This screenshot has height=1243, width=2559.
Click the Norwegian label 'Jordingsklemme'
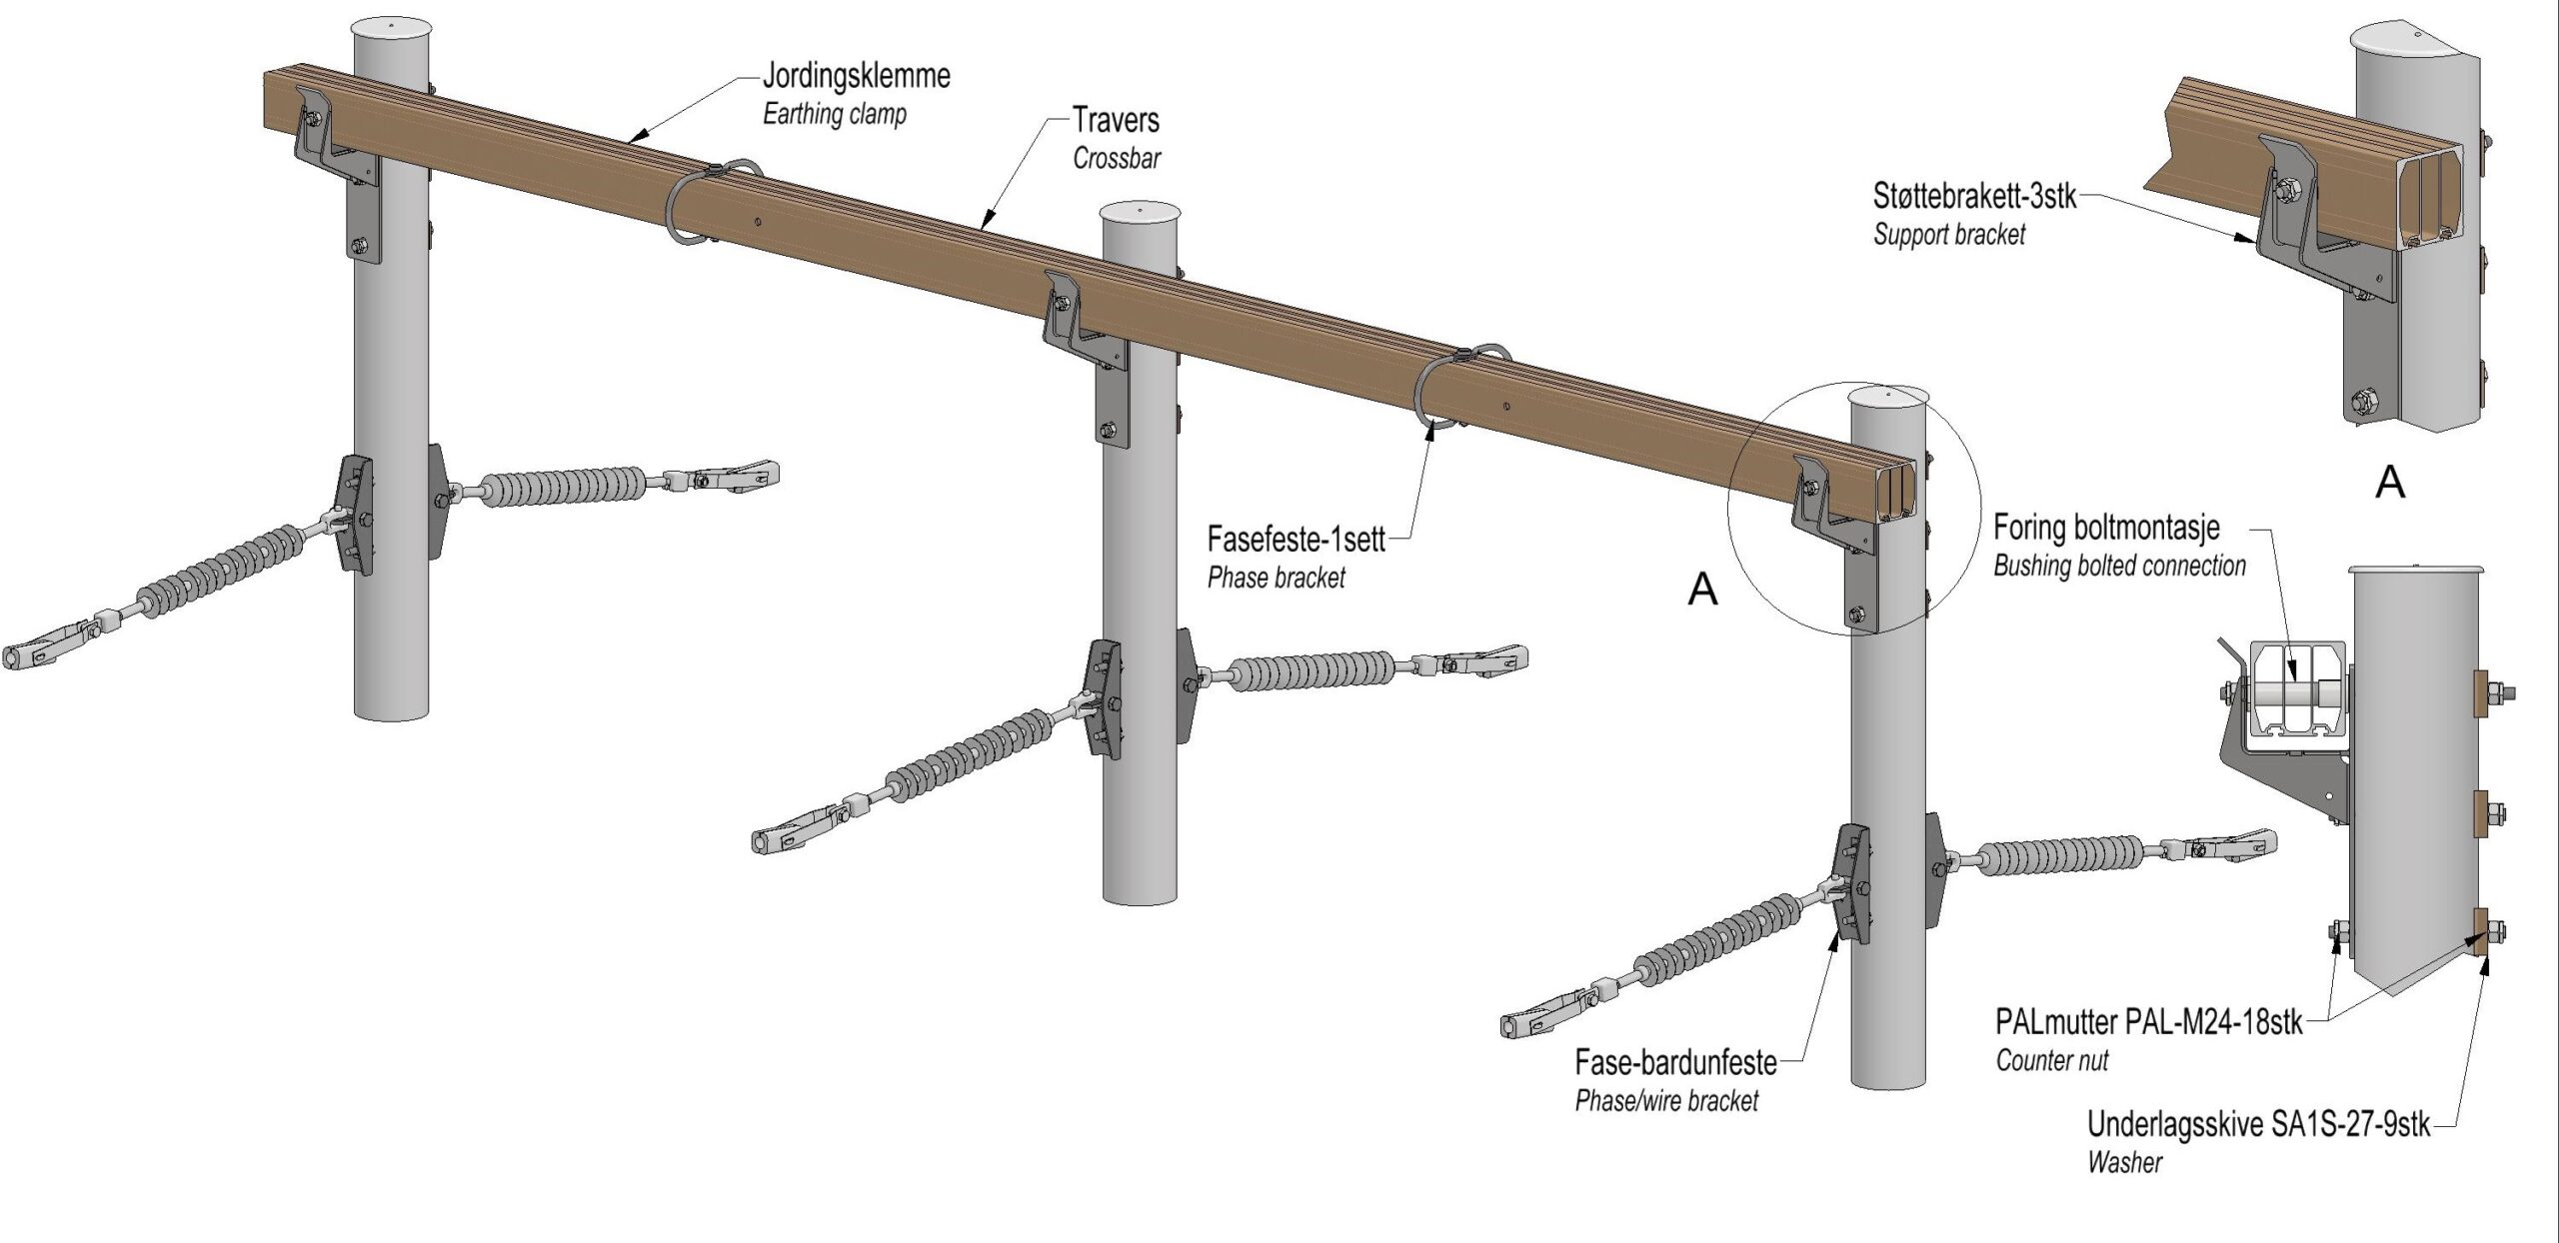click(x=856, y=76)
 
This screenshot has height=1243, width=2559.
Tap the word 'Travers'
click(x=1116, y=121)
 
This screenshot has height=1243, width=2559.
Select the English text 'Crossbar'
click(x=1117, y=158)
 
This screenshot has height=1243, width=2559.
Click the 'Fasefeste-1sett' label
click(x=1295, y=541)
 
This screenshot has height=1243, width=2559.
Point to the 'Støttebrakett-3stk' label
click(x=1974, y=196)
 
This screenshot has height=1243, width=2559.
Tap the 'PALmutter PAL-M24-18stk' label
click(x=2148, y=1022)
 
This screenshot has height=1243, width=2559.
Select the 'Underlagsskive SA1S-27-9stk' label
click(x=2257, y=1124)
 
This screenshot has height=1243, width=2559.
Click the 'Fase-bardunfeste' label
click(x=1675, y=1062)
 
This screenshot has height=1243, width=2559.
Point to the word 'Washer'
click(x=2124, y=1162)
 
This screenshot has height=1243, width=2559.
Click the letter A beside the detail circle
click(x=1702, y=591)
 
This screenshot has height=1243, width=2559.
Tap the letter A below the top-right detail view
click(x=2389, y=484)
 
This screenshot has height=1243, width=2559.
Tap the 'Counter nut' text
click(x=2051, y=1060)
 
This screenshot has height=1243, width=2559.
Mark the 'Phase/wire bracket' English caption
click(x=1666, y=1101)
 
